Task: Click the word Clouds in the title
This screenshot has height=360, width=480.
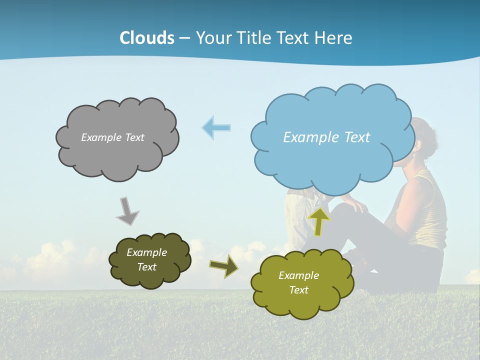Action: tap(147, 38)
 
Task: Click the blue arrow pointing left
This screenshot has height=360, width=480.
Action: tap(216, 128)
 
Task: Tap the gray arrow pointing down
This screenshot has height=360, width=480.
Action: tap(127, 211)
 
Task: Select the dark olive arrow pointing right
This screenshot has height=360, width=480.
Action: tap(224, 265)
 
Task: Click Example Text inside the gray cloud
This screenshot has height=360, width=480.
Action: tap(112, 137)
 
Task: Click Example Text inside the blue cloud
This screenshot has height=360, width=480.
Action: tap(326, 137)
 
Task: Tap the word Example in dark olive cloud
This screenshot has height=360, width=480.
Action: tap(146, 252)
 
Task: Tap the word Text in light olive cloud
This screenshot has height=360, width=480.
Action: tap(298, 290)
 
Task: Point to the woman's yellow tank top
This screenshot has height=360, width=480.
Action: tap(430, 210)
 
